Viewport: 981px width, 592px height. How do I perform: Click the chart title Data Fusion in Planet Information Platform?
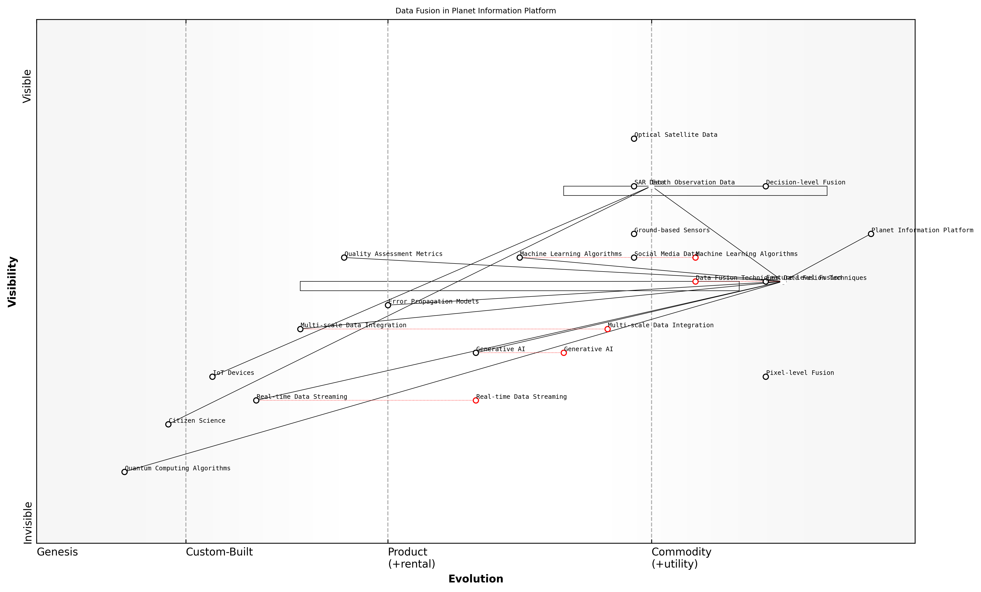click(x=475, y=11)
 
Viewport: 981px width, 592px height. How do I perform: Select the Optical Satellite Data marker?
click(x=634, y=139)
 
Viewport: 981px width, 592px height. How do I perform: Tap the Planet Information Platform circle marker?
click(x=871, y=234)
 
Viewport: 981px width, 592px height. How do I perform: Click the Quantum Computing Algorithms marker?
click(x=125, y=472)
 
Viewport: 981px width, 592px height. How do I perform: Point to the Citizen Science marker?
click(x=168, y=424)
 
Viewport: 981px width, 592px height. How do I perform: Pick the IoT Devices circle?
click(x=212, y=377)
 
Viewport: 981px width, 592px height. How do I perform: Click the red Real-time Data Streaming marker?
click(x=476, y=401)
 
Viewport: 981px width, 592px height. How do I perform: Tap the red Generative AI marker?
click(x=563, y=353)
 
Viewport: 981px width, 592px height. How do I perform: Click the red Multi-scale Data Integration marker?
click(x=607, y=329)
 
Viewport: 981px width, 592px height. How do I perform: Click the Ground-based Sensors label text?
click(x=672, y=230)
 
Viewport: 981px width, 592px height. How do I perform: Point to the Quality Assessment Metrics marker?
click(x=344, y=257)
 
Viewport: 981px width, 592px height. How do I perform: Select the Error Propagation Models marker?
click(x=388, y=305)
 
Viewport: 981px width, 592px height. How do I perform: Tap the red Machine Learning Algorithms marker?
click(x=695, y=257)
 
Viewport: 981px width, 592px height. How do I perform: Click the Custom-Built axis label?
click(x=219, y=552)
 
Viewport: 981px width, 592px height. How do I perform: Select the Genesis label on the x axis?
click(x=57, y=552)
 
